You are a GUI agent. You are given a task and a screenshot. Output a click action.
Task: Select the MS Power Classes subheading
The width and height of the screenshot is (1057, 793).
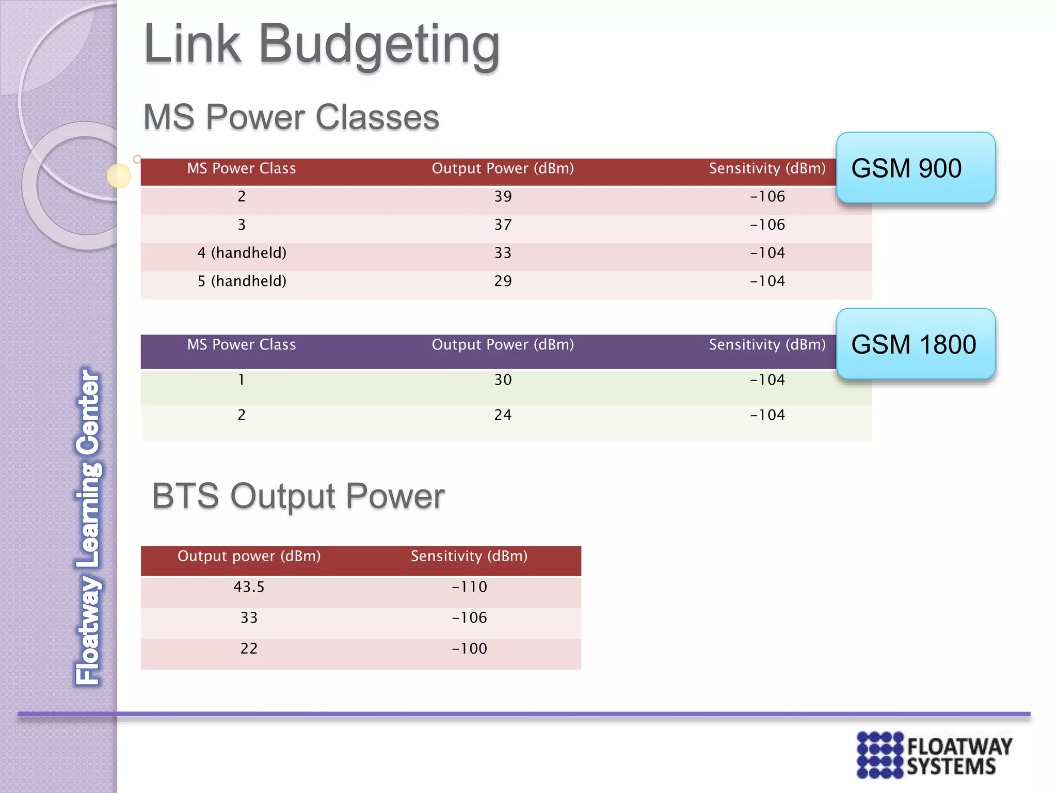coord(291,117)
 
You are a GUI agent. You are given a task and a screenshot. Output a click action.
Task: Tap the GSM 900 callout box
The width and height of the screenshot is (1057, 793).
coord(915,168)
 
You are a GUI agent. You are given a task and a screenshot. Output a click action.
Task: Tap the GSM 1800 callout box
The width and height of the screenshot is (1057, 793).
coord(915,344)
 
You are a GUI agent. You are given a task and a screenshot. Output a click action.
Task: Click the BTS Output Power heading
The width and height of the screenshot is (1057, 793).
coord(298,496)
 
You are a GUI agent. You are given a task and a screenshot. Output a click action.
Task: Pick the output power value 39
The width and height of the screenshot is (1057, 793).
coord(503,197)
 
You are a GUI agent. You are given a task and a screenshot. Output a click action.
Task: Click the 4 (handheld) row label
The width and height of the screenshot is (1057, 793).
coord(242,253)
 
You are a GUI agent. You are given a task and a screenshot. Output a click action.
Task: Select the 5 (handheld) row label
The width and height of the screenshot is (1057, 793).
coord(242,281)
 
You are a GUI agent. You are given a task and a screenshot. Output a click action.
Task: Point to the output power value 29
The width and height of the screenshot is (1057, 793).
coord(503,281)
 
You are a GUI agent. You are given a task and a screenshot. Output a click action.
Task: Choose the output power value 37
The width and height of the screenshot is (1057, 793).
coord(503,225)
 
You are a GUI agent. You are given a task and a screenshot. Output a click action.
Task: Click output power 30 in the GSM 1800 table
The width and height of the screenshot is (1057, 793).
coord(503,380)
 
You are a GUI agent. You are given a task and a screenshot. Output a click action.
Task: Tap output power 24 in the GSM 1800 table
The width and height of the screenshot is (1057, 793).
coord(503,415)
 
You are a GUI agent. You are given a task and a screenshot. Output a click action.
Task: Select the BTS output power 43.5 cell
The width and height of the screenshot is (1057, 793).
coord(249,587)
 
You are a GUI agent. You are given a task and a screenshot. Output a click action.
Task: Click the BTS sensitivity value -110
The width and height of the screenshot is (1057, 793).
coord(469,587)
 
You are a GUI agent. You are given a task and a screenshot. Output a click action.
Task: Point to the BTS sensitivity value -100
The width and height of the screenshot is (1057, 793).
coord(469,649)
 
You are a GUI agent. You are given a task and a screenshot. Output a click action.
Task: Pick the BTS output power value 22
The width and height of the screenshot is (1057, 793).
coord(249,649)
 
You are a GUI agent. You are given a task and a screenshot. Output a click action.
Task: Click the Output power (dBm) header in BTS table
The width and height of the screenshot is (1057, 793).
coord(249,557)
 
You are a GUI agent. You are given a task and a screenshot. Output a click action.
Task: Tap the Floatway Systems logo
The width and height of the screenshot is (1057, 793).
coord(934,754)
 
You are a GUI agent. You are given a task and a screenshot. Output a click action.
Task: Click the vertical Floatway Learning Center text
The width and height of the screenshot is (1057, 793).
coord(89,527)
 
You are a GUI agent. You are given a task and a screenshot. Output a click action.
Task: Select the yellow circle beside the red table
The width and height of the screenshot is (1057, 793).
coord(119,176)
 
